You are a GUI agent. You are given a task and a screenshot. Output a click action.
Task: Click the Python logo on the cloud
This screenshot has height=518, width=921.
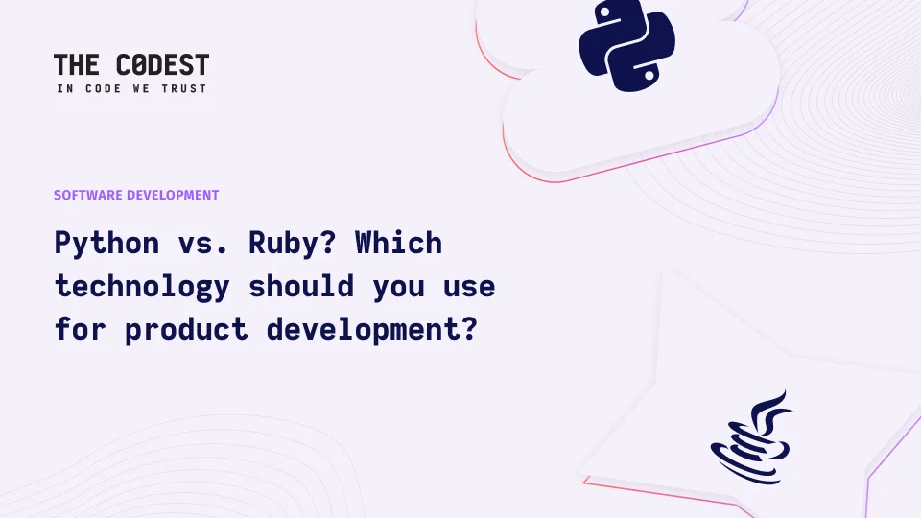(x=626, y=46)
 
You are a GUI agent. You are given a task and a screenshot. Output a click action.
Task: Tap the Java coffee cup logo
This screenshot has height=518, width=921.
(x=751, y=437)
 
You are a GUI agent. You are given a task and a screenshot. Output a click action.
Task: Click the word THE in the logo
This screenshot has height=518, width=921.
(x=77, y=65)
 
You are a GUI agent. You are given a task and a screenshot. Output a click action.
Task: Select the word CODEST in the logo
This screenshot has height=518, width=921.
(x=163, y=65)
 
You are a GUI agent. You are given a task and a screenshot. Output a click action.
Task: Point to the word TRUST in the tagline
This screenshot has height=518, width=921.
(x=184, y=88)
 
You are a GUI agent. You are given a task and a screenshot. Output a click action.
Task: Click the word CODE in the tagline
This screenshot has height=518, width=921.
(x=104, y=88)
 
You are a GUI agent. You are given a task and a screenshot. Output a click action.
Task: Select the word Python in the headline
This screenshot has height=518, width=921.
(x=106, y=244)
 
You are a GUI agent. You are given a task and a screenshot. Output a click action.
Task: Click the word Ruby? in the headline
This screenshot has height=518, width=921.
(x=293, y=243)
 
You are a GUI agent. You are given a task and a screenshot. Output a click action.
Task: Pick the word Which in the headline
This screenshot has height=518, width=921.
(x=398, y=243)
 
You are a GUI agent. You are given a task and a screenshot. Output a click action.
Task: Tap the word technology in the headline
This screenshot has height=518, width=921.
(x=142, y=287)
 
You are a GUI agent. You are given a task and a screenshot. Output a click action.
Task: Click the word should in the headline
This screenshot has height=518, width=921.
(x=301, y=286)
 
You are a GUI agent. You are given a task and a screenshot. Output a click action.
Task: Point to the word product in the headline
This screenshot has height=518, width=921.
(x=186, y=330)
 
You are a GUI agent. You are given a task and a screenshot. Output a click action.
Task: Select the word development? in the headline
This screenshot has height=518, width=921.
(x=372, y=330)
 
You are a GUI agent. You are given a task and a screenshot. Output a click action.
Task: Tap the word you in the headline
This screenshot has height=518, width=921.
(x=398, y=290)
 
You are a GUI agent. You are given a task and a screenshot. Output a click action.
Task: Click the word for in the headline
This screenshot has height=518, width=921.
(x=81, y=329)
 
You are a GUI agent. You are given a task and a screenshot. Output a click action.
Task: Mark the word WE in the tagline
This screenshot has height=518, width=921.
(x=142, y=88)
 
